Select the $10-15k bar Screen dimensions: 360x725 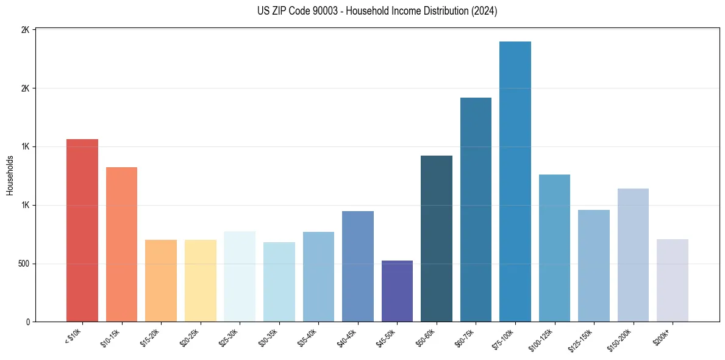tap(121, 244)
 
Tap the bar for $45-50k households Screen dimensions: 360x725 tap(397, 291)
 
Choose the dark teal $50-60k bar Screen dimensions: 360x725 tap(437, 239)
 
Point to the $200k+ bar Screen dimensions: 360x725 tap(673, 280)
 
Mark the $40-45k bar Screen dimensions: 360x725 tap(358, 266)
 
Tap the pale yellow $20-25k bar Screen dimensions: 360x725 tap(201, 281)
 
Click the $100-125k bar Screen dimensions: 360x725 tap(554, 248)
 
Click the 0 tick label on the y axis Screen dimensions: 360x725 tap(28, 322)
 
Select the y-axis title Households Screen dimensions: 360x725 tap(10, 175)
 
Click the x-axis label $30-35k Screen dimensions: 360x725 tap(268, 338)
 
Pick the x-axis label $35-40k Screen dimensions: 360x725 tap(307, 338)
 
